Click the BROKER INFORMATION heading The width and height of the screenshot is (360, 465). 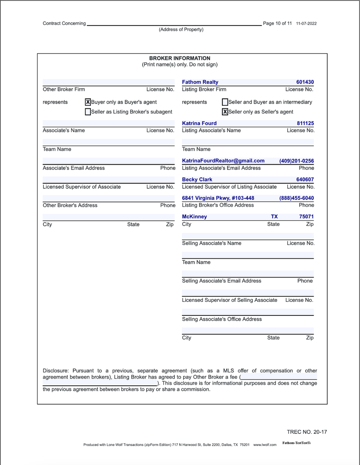180,58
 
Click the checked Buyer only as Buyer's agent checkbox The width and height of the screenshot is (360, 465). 88,102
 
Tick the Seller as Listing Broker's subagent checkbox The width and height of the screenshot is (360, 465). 88,112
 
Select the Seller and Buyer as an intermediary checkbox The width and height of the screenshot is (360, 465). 225,102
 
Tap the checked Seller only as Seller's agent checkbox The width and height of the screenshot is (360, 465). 225,112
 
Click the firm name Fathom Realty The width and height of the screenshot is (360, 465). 200,82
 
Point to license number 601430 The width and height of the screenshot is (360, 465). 305,82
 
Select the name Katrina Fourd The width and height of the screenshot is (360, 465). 199,123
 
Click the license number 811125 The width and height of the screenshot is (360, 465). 305,123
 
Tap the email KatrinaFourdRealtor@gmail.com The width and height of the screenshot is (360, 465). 223,161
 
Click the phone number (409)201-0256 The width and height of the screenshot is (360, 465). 296,161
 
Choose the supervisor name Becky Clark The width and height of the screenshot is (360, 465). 197,180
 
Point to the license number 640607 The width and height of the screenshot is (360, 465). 305,180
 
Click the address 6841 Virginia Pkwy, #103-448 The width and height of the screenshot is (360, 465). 218,198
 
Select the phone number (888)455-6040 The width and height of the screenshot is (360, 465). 296,198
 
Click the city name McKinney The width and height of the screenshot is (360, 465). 194,217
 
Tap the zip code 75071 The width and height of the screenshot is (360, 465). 306,217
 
